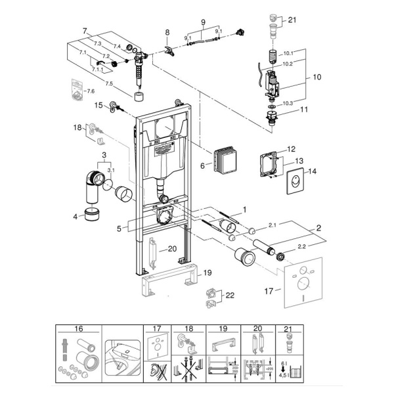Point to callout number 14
coord(312,171)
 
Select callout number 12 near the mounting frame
coord(291,149)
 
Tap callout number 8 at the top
coord(167,32)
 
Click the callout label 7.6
coord(91,90)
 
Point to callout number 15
coord(98,105)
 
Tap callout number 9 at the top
coord(203,23)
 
